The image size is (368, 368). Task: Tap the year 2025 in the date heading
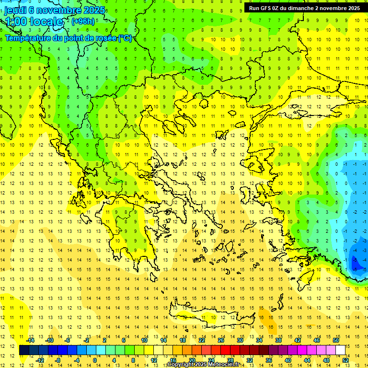(94, 10)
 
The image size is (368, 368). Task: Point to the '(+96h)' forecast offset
(83, 22)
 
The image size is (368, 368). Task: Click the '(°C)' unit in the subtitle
(125, 38)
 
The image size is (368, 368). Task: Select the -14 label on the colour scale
(30, 340)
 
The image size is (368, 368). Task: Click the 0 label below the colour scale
(95, 360)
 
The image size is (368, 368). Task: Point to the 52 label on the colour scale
(346, 360)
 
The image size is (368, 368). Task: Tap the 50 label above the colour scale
(336, 340)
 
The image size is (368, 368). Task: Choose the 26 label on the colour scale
(221, 340)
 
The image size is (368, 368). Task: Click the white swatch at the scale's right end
(340, 350)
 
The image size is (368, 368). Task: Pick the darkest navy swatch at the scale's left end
(24, 350)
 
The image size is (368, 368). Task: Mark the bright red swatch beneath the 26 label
(225, 350)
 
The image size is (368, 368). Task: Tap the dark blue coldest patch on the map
(357, 263)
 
